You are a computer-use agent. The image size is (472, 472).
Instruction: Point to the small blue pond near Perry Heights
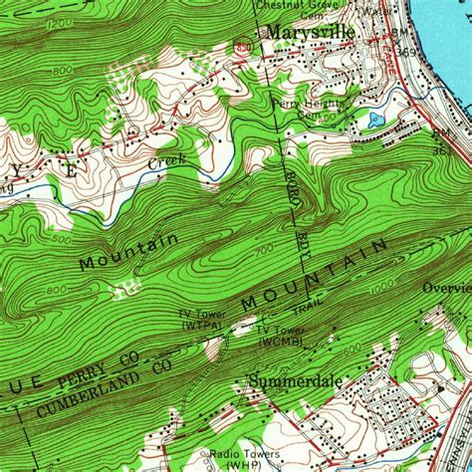(374, 120)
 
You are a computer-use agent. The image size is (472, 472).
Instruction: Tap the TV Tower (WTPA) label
(203, 322)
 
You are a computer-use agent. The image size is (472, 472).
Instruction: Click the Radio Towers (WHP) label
(231, 458)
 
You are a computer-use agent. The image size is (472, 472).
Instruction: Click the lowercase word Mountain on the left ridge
(129, 251)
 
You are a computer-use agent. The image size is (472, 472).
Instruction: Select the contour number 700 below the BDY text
(263, 250)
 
